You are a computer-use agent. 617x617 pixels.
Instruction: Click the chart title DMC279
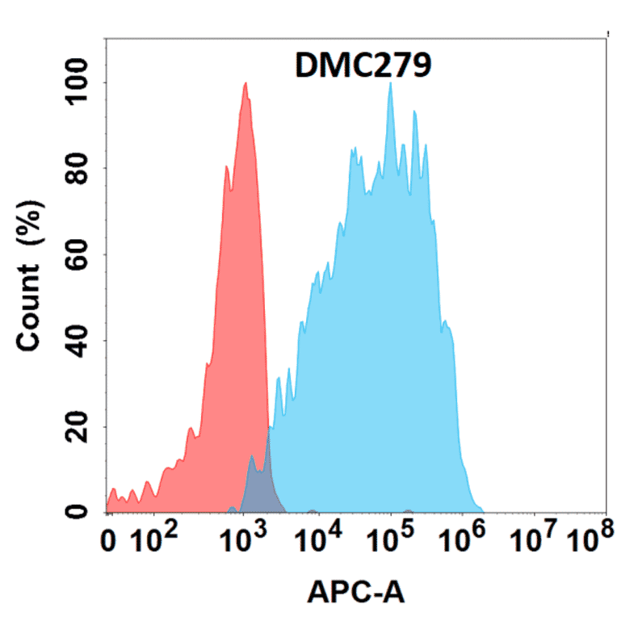pyautogui.click(x=363, y=67)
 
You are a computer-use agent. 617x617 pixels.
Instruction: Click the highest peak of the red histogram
pyautogui.click(x=245, y=84)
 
